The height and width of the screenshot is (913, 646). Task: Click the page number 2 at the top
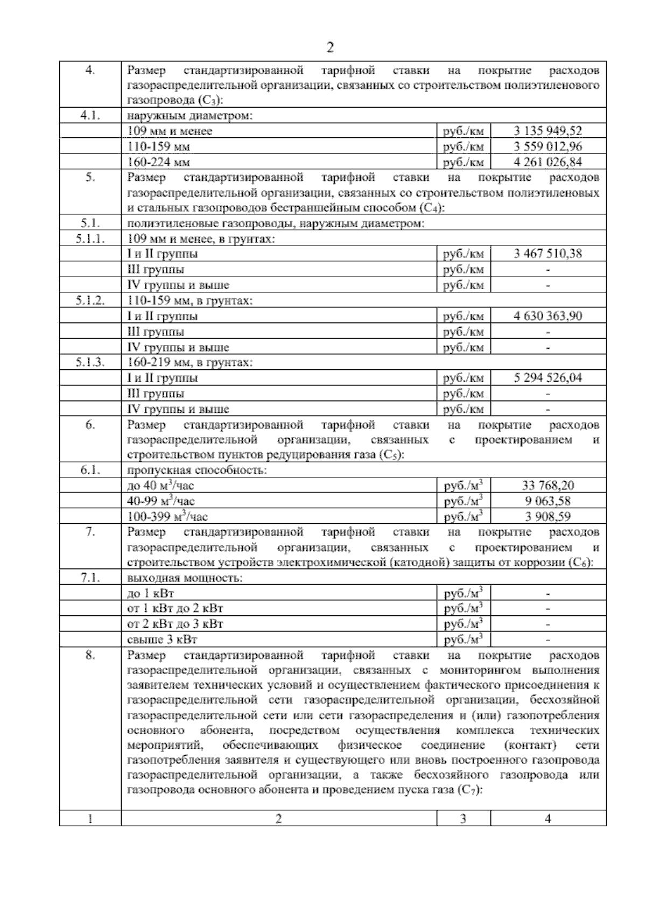pyautogui.click(x=330, y=48)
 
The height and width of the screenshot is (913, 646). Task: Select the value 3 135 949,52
pyautogui.click(x=548, y=131)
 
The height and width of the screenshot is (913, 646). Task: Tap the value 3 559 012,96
pyautogui.click(x=548, y=146)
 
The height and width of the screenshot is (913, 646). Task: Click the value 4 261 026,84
pyautogui.click(x=548, y=162)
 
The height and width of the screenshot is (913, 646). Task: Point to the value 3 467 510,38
pyautogui.click(x=548, y=254)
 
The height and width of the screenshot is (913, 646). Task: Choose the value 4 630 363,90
pyautogui.click(x=548, y=316)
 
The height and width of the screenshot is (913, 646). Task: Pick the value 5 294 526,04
pyautogui.click(x=548, y=378)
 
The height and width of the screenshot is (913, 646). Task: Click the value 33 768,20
pyautogui.click(x=548, y=486)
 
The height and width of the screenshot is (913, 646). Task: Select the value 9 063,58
pyautogui.click(x=548, y=501)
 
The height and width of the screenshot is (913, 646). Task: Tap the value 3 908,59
pyautogui.click(x=548, y=517)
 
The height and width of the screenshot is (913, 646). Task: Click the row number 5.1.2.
pyautogui.click(x=90, y=300)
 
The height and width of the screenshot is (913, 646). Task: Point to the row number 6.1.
pyautogui.click(x=90, y=470)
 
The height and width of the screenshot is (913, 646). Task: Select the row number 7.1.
pyautogui.click(x=90, y=578)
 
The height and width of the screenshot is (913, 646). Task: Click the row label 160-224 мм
pyautogui.click(x=159, y=162)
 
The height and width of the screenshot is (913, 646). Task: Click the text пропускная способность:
pyautogui.click(x=196, y=470)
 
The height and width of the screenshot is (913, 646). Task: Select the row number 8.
pyautogui.click(x=90, y=656)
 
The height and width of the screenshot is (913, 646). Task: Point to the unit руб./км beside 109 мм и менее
pyautogui.click(x=464, y=131)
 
